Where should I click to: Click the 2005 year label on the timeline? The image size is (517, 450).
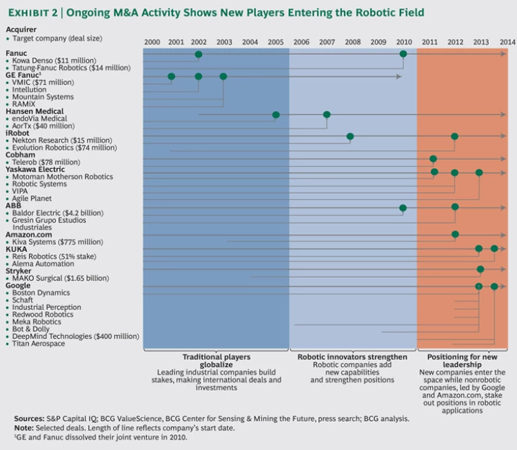[275, 42]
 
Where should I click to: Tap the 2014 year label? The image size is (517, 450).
[507, 42]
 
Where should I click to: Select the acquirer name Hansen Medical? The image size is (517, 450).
[34, 112]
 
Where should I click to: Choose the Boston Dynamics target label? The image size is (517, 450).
[41, 293]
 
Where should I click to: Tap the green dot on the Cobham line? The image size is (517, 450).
[434, 159]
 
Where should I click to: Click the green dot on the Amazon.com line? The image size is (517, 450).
[455, 235]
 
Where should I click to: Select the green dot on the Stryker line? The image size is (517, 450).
[480, 270]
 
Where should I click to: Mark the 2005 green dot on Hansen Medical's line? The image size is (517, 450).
[276, 115]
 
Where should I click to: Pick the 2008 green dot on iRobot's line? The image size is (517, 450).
[350, 137]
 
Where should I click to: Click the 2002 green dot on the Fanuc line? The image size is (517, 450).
[199, 54]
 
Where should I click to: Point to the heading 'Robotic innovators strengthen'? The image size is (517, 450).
[352, 357]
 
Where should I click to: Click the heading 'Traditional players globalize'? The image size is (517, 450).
[216, 361]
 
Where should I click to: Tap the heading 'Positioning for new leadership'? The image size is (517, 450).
[462, 361]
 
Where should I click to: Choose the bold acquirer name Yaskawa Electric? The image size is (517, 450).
[36, 170]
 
